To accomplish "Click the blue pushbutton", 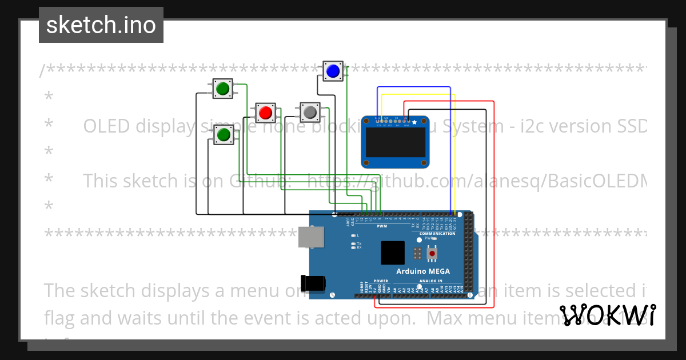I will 333,71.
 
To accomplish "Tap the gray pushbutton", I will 310,113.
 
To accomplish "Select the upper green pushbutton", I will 222,89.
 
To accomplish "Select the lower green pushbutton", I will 222,135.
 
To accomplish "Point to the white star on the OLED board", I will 414,122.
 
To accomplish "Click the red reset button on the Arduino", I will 432,253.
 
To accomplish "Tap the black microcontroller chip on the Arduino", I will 393,253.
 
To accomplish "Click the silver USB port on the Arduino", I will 310,237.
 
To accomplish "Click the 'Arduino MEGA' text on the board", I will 423,271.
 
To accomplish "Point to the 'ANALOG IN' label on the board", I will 430,281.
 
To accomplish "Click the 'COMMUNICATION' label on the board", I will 437,234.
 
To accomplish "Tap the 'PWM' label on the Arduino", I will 382,226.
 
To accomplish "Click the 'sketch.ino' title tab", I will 101,25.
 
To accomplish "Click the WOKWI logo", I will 608,315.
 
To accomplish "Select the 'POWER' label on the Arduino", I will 380,281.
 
